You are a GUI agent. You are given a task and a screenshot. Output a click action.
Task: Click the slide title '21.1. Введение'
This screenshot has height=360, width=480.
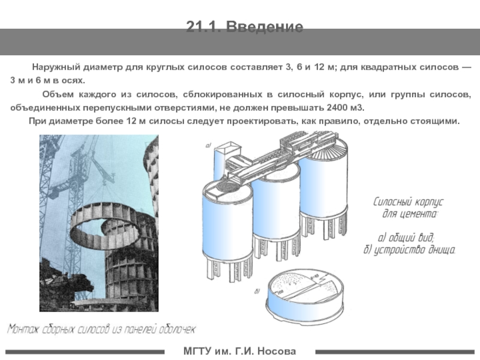point(244,27)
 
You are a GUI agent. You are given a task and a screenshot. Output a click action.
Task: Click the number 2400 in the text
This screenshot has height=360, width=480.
point(325,107)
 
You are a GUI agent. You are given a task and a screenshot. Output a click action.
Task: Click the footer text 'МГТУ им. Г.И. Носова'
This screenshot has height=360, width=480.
point(239,350)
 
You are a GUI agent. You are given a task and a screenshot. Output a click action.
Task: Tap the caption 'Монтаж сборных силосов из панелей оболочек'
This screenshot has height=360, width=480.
point(101,329)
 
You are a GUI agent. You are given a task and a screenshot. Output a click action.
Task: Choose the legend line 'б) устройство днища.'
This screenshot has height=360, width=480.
point(410,249)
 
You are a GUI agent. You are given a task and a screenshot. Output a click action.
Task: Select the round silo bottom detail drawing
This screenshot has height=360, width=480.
point(307,295)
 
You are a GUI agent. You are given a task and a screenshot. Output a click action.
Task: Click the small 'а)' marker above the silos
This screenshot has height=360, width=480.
point(209,145)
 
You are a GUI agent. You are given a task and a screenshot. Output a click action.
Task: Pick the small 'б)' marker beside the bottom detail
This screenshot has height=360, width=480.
point(257,292)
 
